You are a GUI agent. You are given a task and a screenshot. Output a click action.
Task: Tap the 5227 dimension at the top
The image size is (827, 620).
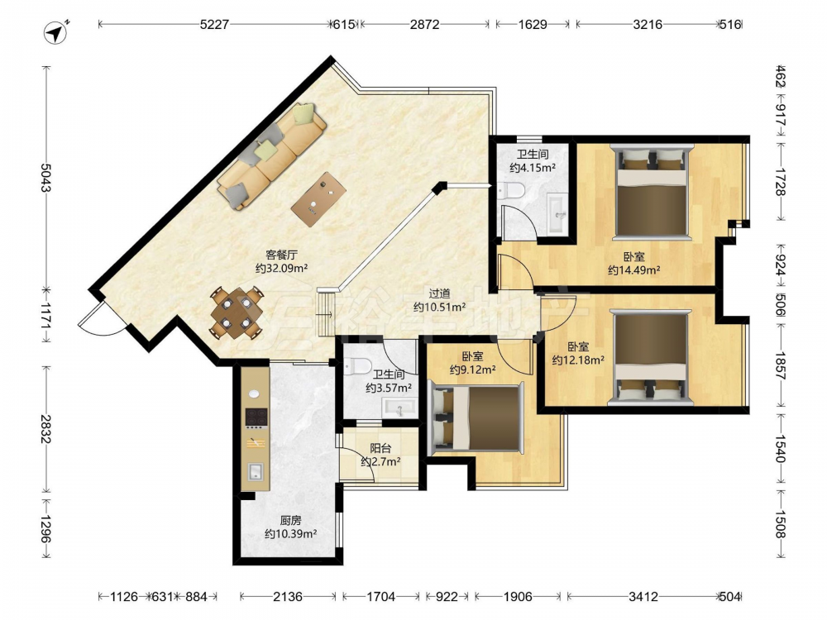pos(214,24)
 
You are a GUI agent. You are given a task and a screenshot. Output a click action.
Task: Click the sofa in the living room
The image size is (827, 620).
pos(271,156)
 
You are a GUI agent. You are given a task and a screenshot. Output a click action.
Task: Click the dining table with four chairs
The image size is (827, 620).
pos(237,312)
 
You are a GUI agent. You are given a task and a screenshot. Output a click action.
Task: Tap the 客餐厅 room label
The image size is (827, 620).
pos(281,255)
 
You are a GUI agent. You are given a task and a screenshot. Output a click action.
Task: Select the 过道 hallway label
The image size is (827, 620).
pos(439,293)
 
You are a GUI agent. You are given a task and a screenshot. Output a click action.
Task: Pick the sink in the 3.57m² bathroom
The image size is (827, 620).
pos(399,408)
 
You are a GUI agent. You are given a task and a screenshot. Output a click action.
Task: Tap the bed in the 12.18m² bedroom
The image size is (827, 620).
pos(651,357)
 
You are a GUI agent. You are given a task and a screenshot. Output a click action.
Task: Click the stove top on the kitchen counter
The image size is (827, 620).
pos(256,417)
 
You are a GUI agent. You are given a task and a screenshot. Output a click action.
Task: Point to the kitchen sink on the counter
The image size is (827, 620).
pos(256,472)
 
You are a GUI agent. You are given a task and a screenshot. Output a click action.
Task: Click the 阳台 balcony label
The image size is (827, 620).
pos(380,449)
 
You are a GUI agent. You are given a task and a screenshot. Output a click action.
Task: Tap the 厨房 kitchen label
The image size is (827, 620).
pos(290,520)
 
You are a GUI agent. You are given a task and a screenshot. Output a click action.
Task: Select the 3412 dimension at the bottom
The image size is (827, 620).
pos(643,596)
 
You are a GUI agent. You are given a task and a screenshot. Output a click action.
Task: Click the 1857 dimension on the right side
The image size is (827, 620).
pos(781,365)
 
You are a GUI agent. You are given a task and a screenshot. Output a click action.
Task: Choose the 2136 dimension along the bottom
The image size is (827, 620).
pos(288,596)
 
